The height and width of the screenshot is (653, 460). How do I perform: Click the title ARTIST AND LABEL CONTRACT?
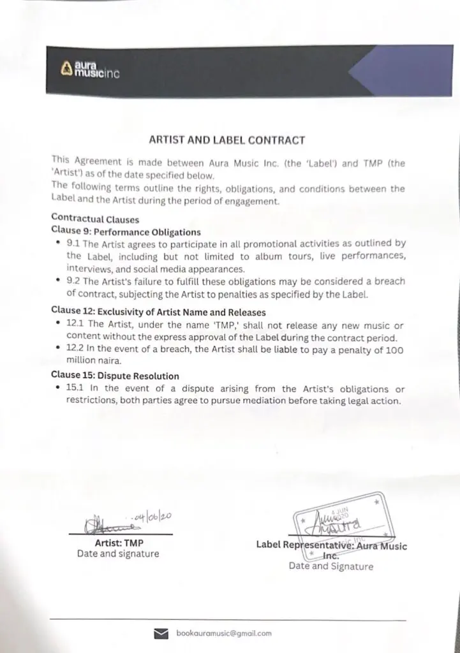(226, 140)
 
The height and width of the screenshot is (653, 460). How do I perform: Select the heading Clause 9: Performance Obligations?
(126, 232)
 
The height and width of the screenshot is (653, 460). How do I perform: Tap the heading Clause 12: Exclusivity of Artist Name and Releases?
(158, 312)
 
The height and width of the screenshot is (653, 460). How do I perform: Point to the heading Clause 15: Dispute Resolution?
(115, 376)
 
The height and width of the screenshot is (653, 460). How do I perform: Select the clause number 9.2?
(74, 281)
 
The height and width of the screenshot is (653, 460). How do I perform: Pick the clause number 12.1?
(76, 325)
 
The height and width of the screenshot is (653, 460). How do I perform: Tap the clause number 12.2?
(77, 351)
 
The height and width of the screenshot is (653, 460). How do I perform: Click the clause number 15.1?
(76, 389)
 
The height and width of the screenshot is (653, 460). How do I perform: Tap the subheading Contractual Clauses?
(95, 220)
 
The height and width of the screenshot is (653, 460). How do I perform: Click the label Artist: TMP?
(118, 543)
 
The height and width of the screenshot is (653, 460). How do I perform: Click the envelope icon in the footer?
(161, 633)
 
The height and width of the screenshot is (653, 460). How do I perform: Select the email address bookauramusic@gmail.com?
(224, 633)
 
